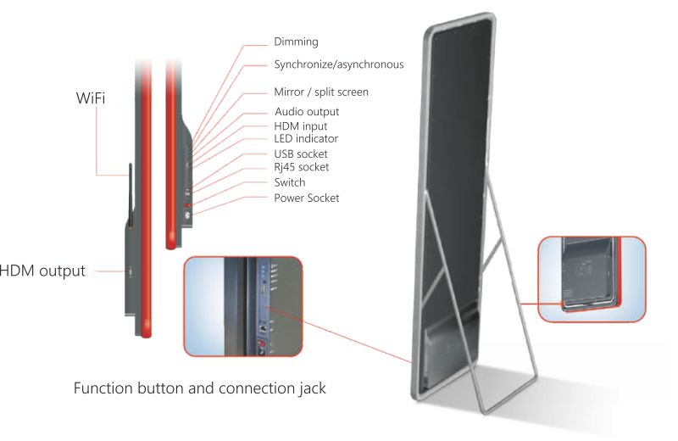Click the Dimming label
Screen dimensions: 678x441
pos(296,42)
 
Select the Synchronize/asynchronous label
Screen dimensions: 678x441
pos(339,64)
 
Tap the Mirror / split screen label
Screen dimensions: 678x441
pos(321,92)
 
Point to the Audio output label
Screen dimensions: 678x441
pos(307,112)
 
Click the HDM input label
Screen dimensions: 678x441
pos(301,126)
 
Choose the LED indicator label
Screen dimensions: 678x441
pos(306,138)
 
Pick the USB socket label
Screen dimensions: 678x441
pos(301,154)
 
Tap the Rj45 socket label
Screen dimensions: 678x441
pos(302,167)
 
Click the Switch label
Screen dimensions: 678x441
pos(290,182)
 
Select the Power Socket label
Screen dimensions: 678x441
pos(307,198)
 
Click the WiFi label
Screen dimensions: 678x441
pos(91,98)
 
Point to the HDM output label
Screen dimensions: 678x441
pos(42,271)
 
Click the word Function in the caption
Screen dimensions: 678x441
pos(103,388)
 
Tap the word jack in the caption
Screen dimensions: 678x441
pos(311,388)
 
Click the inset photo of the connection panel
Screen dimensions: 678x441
pos(243,306)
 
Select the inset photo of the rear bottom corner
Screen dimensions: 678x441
pos(592,279)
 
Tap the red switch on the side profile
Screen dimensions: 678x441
pos(187,204)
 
